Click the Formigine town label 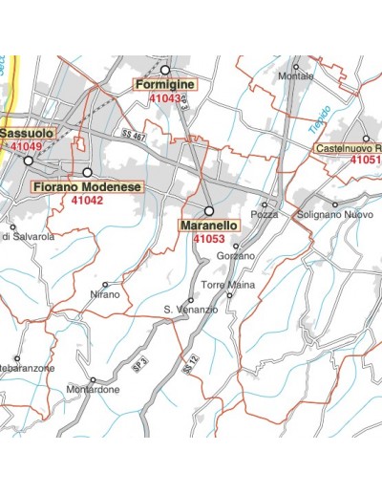point(164,85)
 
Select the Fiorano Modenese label point(86,187)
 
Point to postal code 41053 point(208,238)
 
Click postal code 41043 point(164,98)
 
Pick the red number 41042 point(87,201)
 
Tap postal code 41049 point(26,147)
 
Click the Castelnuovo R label point(349,148)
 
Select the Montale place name point(295,76)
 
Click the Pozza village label point(264,215)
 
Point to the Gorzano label point(236,256)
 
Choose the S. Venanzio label point(191,310)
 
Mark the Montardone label point(93,390)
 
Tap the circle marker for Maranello point(209,209)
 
